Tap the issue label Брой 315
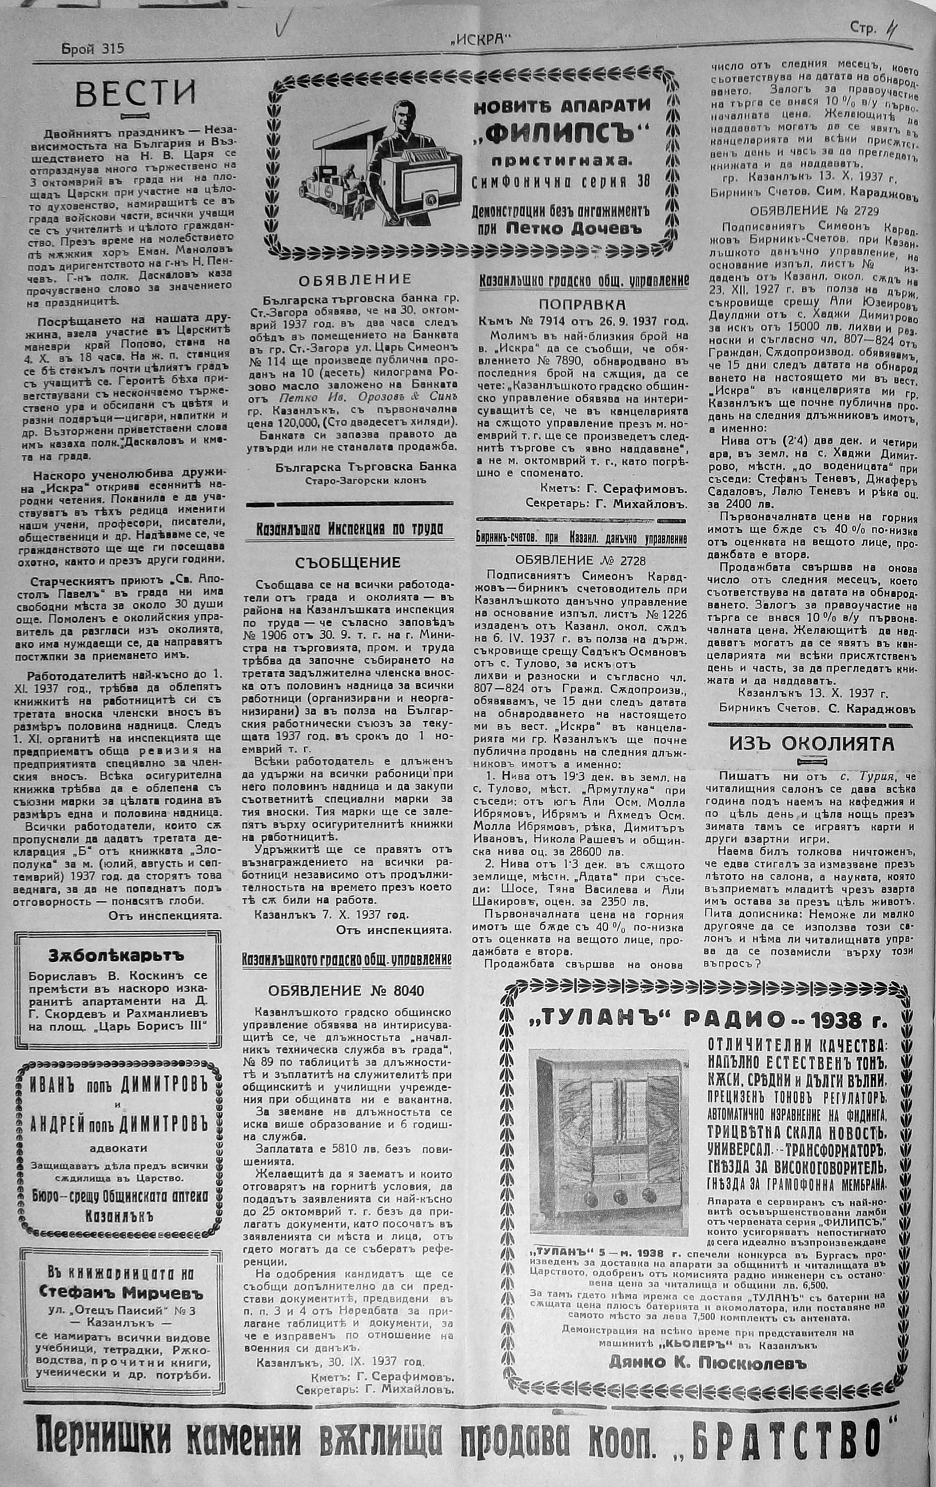[x=92, y=49]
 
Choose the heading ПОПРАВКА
[x=582, y=304]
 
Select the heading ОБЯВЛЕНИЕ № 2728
[x=580, y=560]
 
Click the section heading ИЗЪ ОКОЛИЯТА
[x=811, y=744]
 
